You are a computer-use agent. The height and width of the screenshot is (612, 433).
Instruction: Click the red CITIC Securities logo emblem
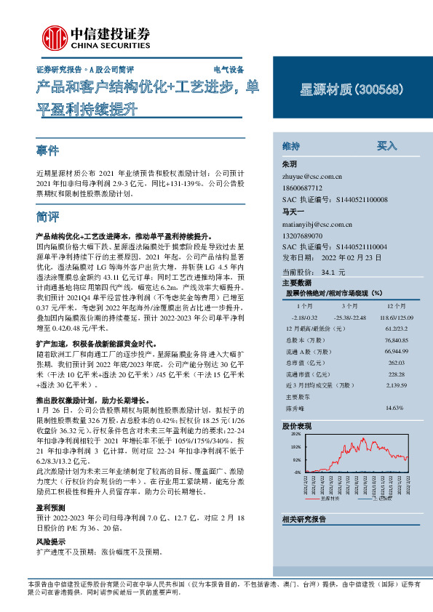tap(54, 36)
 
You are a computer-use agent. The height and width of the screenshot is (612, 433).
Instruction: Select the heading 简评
tap(48, 217)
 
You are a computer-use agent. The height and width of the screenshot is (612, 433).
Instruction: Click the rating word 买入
tap(387, 145)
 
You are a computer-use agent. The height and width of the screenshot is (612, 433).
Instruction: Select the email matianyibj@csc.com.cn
tap(317, 225)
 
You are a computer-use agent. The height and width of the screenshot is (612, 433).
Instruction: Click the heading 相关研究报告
tap(303, 518)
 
